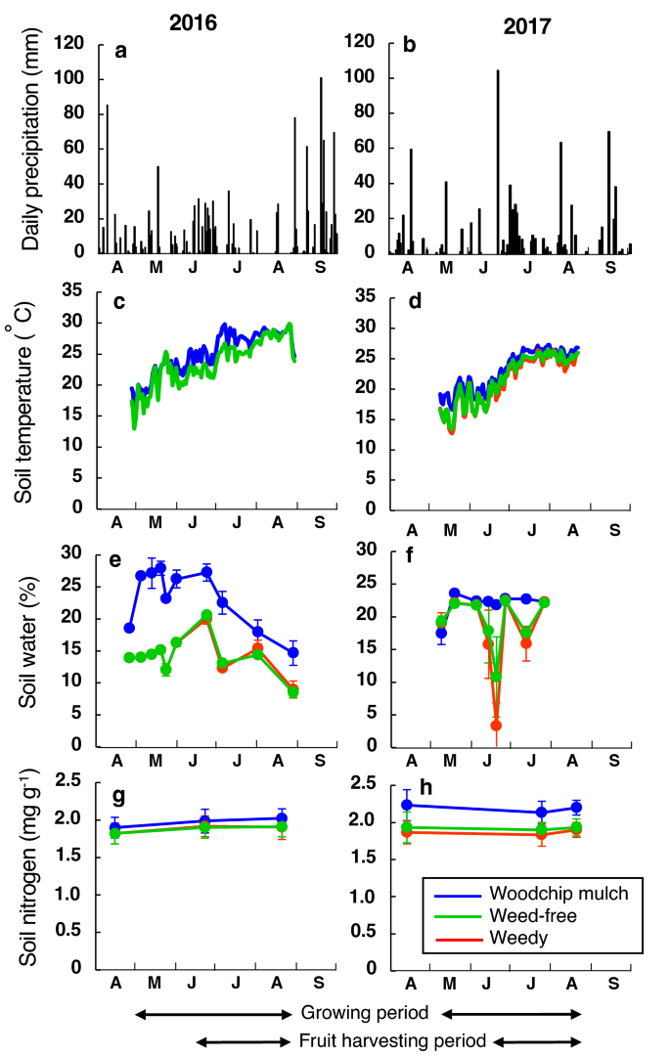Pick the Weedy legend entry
tap(495, 938)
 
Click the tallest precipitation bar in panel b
tap(497, 161)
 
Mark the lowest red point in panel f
tap(496, 726)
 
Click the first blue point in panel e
tap(129, 628)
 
